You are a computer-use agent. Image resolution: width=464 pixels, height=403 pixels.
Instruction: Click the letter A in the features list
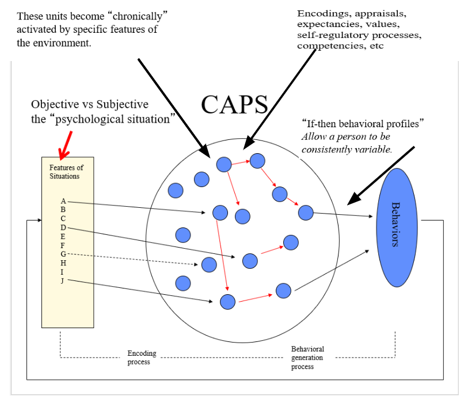(x=63, y=201)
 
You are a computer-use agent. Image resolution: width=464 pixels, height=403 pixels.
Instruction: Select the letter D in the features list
(x=63, y=227)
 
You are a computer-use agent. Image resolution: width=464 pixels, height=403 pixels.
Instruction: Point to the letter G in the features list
(x=63, y=254)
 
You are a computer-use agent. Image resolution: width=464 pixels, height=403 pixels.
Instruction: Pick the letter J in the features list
(x=62, y=280)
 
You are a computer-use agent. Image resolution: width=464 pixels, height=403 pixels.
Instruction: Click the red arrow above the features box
(x=66, y=143)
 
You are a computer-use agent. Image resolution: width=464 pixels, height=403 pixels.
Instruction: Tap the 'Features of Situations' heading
(x=66, y=172)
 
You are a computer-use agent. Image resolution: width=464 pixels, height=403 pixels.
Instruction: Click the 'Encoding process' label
(x=142, y=358)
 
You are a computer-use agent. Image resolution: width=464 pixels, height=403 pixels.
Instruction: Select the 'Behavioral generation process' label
(x=307, y=358)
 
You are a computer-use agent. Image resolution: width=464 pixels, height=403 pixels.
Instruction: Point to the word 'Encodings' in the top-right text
(x=320, y=13)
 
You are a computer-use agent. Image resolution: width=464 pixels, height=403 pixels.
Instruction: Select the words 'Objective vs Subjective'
(x=90, y=104)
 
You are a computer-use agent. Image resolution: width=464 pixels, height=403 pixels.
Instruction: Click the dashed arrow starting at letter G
(x=132, y=259)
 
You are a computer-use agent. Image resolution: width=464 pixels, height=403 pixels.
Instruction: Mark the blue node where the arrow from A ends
(x=220, y=213)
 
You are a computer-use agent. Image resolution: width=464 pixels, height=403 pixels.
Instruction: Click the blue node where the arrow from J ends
(x=228, y=302)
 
